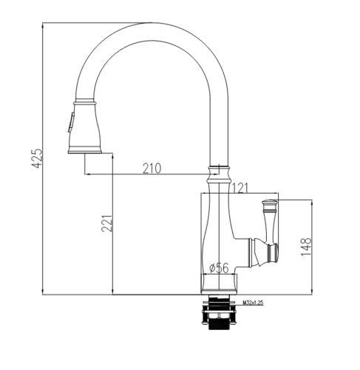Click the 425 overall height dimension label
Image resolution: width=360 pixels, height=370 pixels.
(x=38, y=158)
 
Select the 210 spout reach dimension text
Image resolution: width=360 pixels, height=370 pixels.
(x=152, y=168)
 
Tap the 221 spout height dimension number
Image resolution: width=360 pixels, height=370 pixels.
(x=106, y=223)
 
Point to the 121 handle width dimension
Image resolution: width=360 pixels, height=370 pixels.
(x=240, y=188)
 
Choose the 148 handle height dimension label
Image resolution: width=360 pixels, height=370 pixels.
(x=306, y=247)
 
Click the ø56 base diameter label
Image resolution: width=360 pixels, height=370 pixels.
(x=219, y=268)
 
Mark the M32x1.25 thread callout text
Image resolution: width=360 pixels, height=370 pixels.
(x=253, y=302)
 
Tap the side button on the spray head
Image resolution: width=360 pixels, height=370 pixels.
(x=70, y=122)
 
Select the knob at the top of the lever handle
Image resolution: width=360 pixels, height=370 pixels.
(x=270, y=206)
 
